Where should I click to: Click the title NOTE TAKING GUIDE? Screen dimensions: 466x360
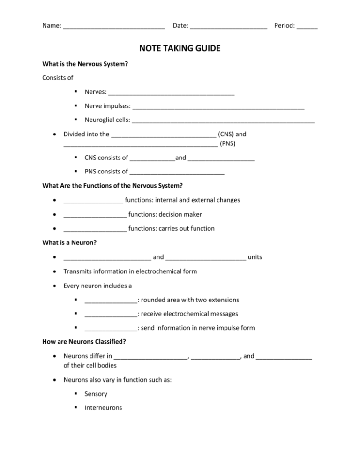[180, 48]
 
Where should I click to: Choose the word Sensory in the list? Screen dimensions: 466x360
[96, 394]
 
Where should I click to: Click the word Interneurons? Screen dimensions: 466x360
[103, 408]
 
